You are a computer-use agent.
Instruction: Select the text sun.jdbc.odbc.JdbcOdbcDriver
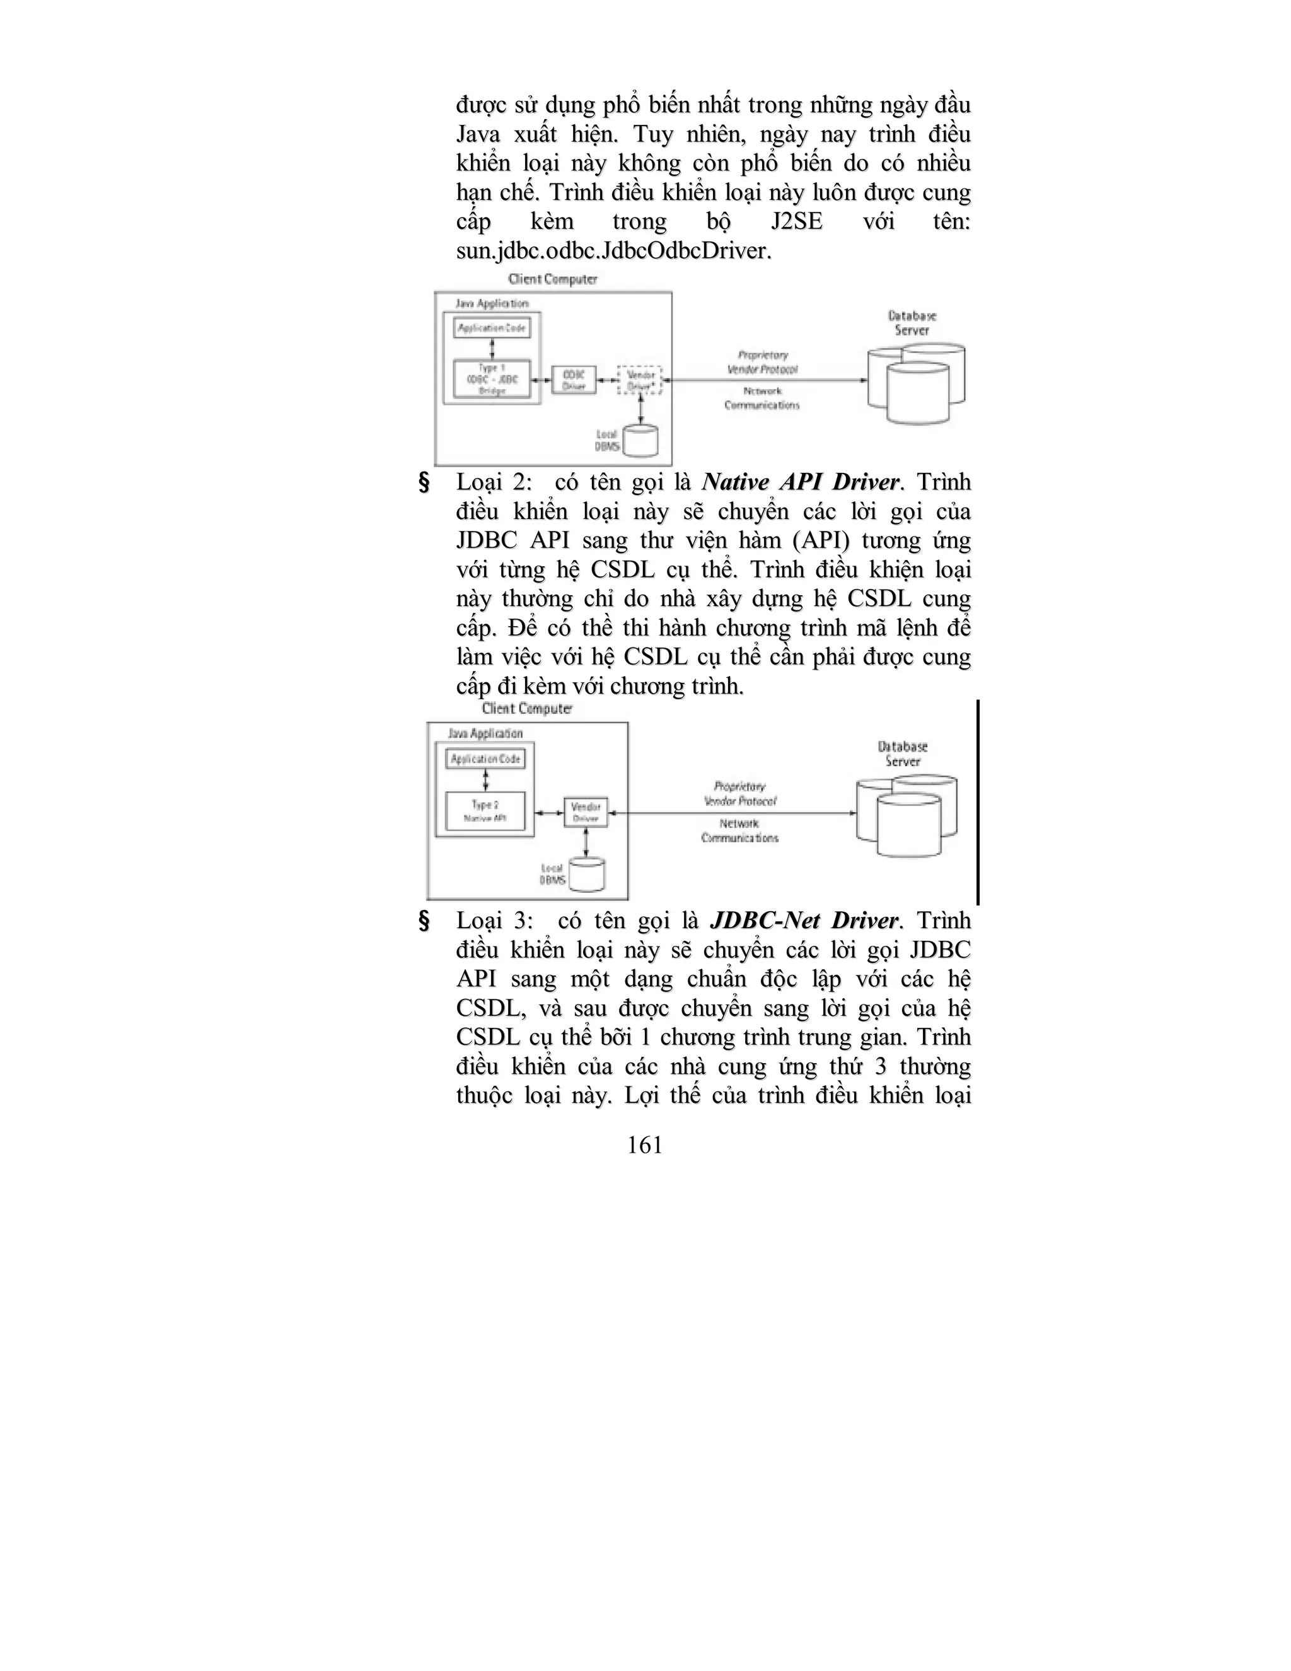[x=613, y=251]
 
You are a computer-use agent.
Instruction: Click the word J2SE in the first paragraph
[x=797, y=222]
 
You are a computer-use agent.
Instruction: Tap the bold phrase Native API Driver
[x=801, y=482]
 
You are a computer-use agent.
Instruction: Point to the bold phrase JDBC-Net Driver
[x=803, y=921]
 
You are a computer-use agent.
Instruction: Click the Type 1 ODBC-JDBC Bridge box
[x=492, y=379]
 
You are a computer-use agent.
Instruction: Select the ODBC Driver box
[x=574, y=380]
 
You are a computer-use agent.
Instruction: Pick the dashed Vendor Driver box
[x=639, y=380]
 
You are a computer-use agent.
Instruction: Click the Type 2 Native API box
[x=485, y=811]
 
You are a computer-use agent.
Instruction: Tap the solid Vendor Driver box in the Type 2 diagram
[x=586, y=812]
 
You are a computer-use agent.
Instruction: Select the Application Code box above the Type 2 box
[x=485, y=759]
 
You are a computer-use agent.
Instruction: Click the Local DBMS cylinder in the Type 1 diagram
[x=640, y=441]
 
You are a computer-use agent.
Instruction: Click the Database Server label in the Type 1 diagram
[x=912, y=323]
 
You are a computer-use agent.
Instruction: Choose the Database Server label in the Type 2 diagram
[x=903, y=754]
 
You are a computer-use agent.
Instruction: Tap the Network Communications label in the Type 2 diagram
[x=739, y=831]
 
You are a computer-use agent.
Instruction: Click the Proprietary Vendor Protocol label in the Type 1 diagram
[x=763, y=362]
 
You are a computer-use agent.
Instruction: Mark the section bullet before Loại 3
[x=424, y=921]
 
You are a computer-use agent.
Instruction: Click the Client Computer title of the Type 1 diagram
[x=552, y=279]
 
